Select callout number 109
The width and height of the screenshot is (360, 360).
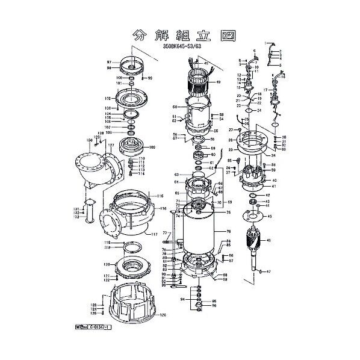click(x=152, y=147)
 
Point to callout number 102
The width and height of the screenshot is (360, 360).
click(x=108, y=98)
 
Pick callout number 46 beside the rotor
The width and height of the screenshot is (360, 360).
click(x=268, y=241)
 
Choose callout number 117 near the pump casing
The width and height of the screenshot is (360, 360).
click(x=155, y=234)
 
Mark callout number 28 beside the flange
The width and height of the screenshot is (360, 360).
click(x=231, y=140)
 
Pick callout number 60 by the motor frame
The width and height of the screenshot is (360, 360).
click(x=175, y=107)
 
